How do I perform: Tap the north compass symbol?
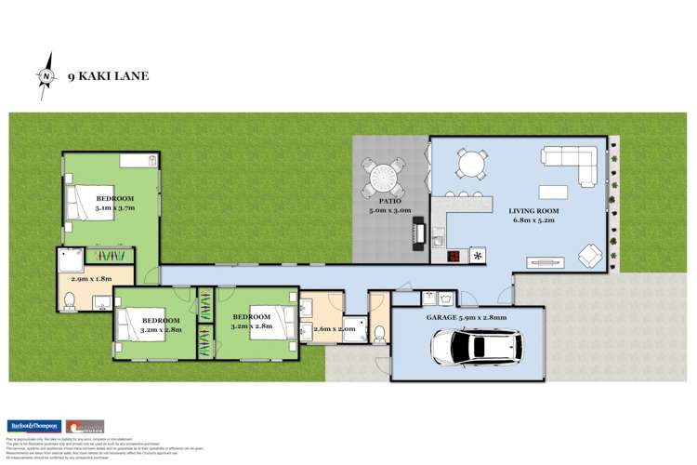46,77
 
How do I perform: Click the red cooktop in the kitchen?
454,256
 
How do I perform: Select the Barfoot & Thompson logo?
33,426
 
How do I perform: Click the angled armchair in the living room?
589,253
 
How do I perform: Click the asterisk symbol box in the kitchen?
480,256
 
